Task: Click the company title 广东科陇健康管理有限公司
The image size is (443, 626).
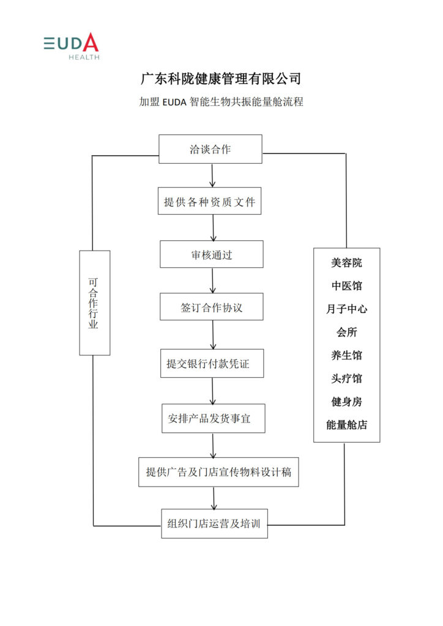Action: point(221,79)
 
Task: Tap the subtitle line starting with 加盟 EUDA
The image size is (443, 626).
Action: point(221,102)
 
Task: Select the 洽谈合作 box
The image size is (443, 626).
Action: point(210,149)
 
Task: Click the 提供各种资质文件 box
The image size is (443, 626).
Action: point(210,201)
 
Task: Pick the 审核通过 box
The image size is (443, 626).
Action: point(212,254)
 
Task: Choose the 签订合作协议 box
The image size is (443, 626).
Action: point(212,307)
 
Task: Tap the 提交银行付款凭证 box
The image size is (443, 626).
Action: point(212,363)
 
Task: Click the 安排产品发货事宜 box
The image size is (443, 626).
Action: point(214,418)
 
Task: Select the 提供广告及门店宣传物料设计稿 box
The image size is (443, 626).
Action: point(218,472)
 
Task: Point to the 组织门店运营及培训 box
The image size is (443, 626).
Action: point(215,523)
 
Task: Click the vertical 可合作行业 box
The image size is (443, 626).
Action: point(95,303)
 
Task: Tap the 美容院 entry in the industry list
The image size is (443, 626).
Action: point(346,263)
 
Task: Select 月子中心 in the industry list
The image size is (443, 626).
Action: point(346,309)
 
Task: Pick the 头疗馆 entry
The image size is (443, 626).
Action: point(346,378)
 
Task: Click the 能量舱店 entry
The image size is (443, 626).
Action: point(346,425)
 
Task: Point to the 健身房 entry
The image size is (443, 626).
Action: point(346,402)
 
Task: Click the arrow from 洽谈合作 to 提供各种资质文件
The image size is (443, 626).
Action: point(212,175)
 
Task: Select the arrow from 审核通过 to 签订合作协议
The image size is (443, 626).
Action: point(212,280)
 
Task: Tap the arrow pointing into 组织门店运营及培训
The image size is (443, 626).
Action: point(214,498)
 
